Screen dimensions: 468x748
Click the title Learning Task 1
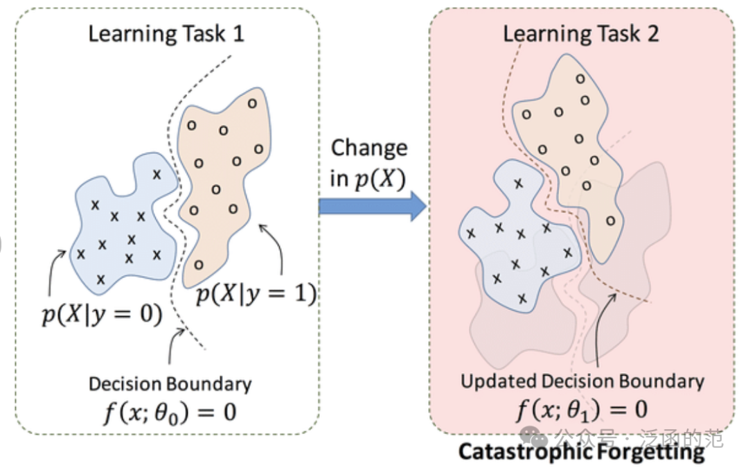(166, 33)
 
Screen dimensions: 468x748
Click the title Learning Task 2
(581, 33)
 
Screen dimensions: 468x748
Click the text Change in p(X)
(368, 162)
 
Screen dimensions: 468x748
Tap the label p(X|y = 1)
(256, 295)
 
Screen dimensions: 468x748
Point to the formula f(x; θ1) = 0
(582, 409)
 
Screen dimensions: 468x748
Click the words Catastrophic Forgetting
(581, 452)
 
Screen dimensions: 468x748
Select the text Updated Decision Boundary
(582, 381)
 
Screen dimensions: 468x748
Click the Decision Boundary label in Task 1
(170, 383)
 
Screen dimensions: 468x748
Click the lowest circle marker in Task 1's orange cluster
(199, 264)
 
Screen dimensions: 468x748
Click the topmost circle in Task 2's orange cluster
(579, 78)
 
